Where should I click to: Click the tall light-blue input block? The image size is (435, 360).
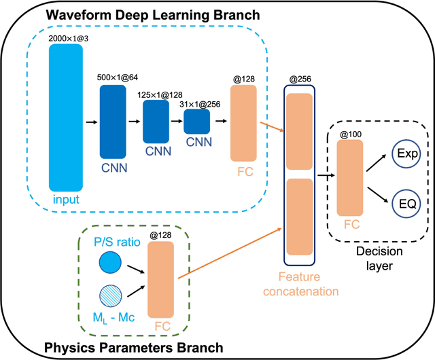tap(66, 121)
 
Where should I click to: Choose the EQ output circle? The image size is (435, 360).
tap(408, 202)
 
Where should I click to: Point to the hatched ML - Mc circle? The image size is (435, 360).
tap(109, 296)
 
